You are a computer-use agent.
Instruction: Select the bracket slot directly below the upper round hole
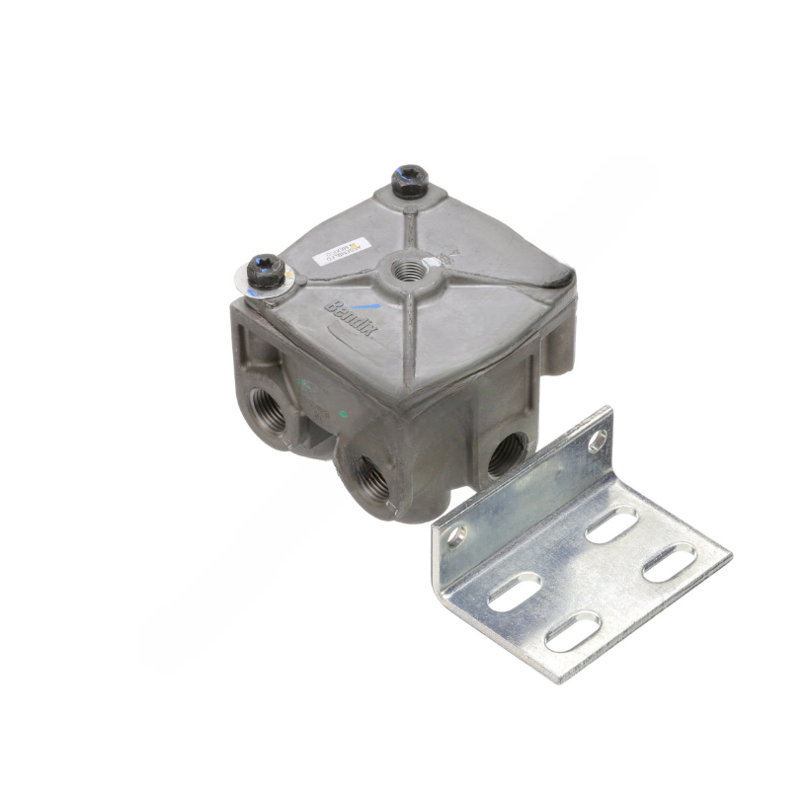coord(609,522)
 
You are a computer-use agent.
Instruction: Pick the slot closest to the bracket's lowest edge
coord(573,632)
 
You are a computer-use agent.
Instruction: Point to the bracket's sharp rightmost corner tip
coord(731,555)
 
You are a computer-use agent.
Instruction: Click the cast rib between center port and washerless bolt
coord(407,223)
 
